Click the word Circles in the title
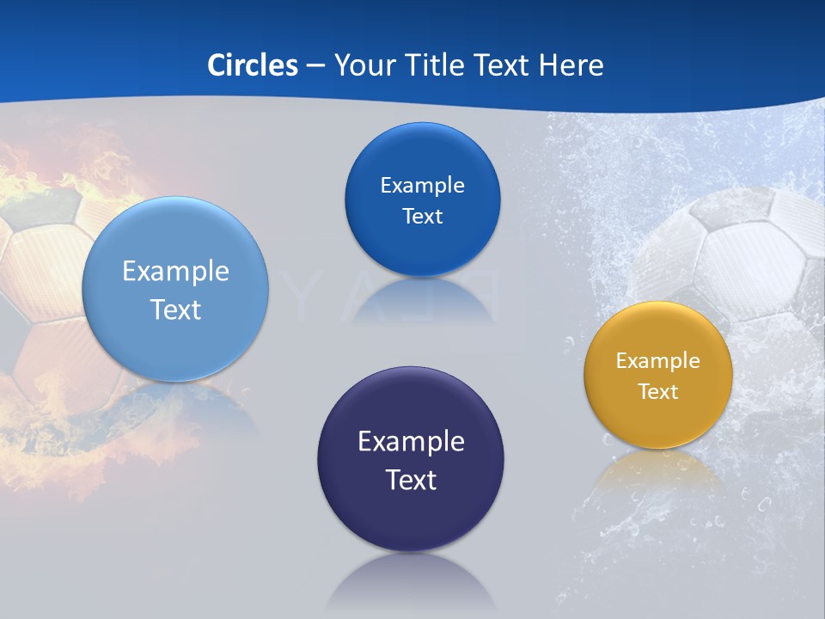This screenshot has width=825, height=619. point(253,65)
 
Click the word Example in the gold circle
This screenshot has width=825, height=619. point(658,361)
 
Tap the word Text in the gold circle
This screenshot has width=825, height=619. point(658,392)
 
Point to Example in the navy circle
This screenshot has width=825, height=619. point(411,442)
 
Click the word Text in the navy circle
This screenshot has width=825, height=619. point(411,480)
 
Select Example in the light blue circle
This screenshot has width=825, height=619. point(175,272)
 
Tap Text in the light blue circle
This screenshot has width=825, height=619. point(175,309)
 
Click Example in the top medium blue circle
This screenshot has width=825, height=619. point(422,186)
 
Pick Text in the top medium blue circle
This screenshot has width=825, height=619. point(422,217)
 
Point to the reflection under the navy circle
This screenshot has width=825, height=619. point(411,585)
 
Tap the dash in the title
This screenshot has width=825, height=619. point(315,65)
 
